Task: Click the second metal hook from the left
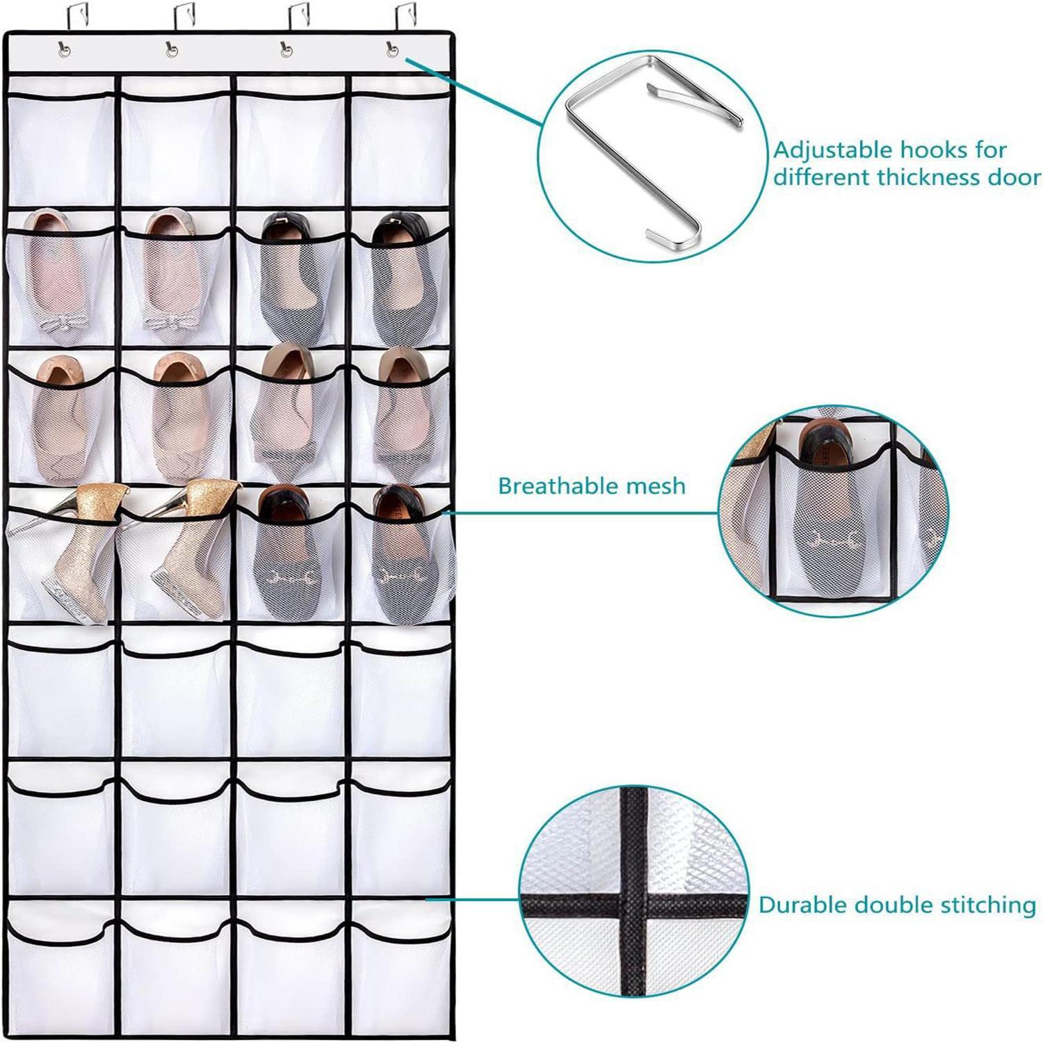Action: [x=184, y=15]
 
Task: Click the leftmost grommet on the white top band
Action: [x=64, y=49]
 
